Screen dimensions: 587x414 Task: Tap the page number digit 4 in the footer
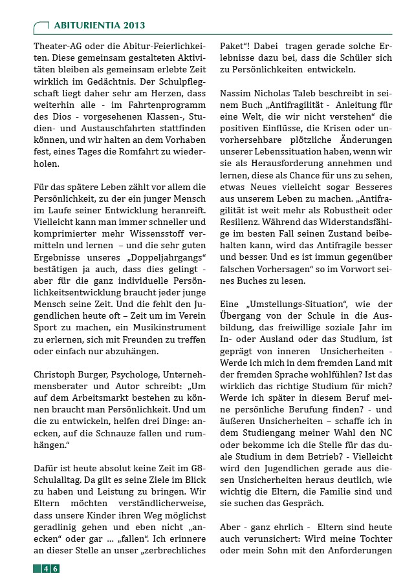[46, 568]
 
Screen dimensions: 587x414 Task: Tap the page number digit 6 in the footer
[56, 568]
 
